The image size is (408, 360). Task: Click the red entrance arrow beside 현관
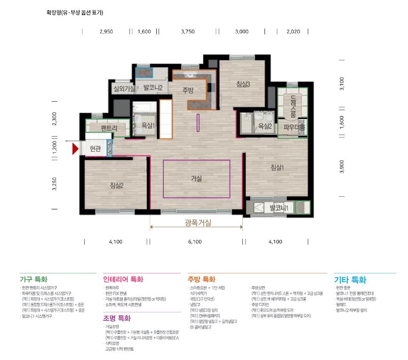[x=75, y=149]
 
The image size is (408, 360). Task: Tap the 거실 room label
[x=196, y=179]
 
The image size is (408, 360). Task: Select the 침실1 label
[x=277, y=168]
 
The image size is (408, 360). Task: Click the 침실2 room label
[x=116, y=185]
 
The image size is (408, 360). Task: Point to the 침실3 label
[x=243, y=84]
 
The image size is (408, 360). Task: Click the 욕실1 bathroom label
[x=148, y=126]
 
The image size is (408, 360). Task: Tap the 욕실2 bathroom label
[x=264, y=126]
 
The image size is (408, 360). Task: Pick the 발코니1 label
[x=279, y=208]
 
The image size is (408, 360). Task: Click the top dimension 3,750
[x=187, y=32]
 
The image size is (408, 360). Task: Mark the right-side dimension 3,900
[x=342, y=167]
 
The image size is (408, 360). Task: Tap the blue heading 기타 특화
[x=350, y=280]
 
